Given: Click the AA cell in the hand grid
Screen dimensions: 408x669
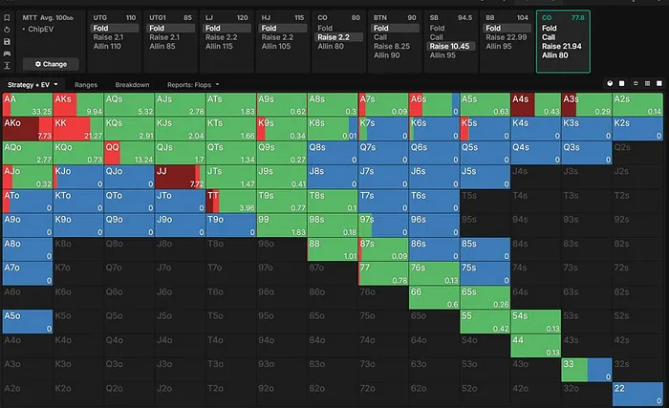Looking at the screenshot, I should pos(27,104).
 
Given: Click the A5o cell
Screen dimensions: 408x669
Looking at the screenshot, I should pos(27,320).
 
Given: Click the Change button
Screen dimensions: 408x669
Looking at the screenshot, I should pos(50,64).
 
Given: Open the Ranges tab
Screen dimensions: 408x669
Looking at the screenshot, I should pos(86,84).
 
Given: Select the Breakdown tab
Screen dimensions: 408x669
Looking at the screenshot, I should pos(134,84).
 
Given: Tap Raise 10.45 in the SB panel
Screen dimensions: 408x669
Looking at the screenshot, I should pos(448,46).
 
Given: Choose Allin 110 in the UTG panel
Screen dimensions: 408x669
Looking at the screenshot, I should pos(107,46).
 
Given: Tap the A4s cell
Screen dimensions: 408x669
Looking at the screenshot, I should pos(535,104).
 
